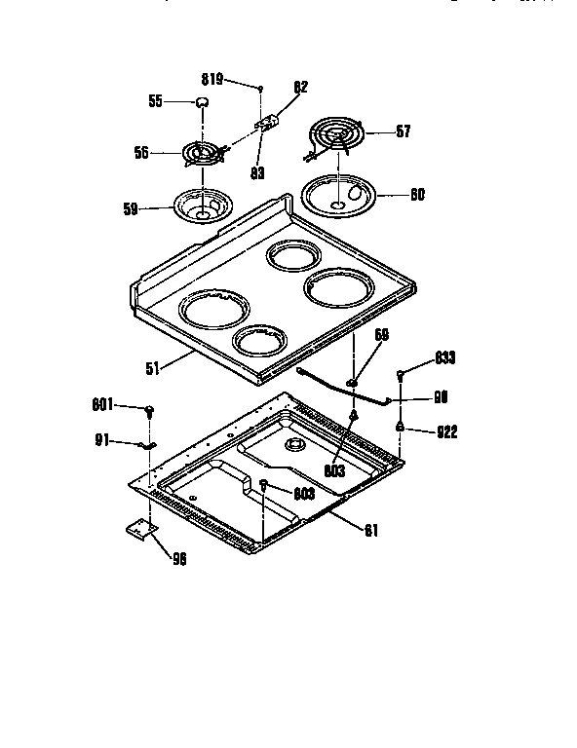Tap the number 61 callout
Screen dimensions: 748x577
(x=371, y=531)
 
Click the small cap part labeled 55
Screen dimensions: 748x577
(x=202, y=102)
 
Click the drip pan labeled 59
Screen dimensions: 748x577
(x=200, y=206)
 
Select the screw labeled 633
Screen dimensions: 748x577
(x=401, y=375)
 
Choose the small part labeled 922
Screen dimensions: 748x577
(x=400, y=427)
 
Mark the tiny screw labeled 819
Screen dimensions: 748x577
(x=261, y=89)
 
